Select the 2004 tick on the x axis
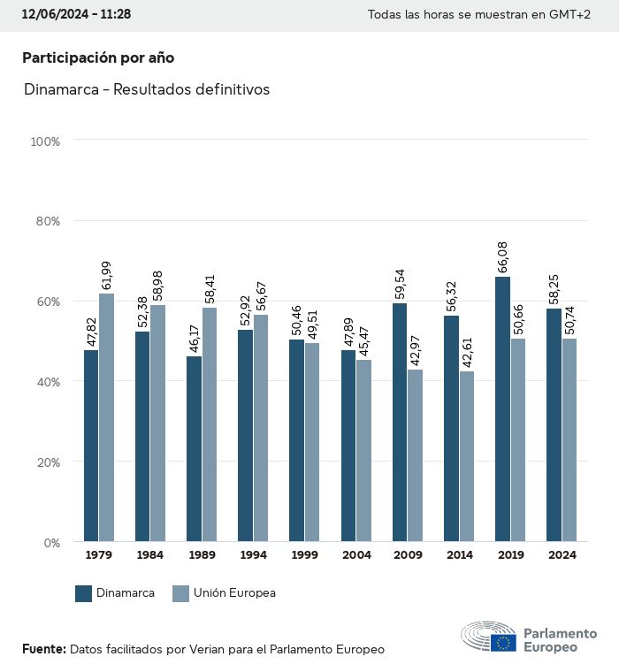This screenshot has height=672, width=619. click(356, 555)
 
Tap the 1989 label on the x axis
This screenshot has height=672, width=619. click(201, 555)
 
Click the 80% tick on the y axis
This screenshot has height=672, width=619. click(45, 221)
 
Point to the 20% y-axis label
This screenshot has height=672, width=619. click(45, 462)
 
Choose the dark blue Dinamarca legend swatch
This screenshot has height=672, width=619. click(84, 593)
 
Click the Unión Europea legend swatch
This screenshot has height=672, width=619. click(180, 593)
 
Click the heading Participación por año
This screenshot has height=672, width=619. click(98, 57)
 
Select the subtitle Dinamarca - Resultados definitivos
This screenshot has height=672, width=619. click(147, 89)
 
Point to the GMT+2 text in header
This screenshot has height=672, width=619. click(571, 16)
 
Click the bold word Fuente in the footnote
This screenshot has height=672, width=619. click(43, 649)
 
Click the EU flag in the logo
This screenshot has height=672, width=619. click(504, 642)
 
